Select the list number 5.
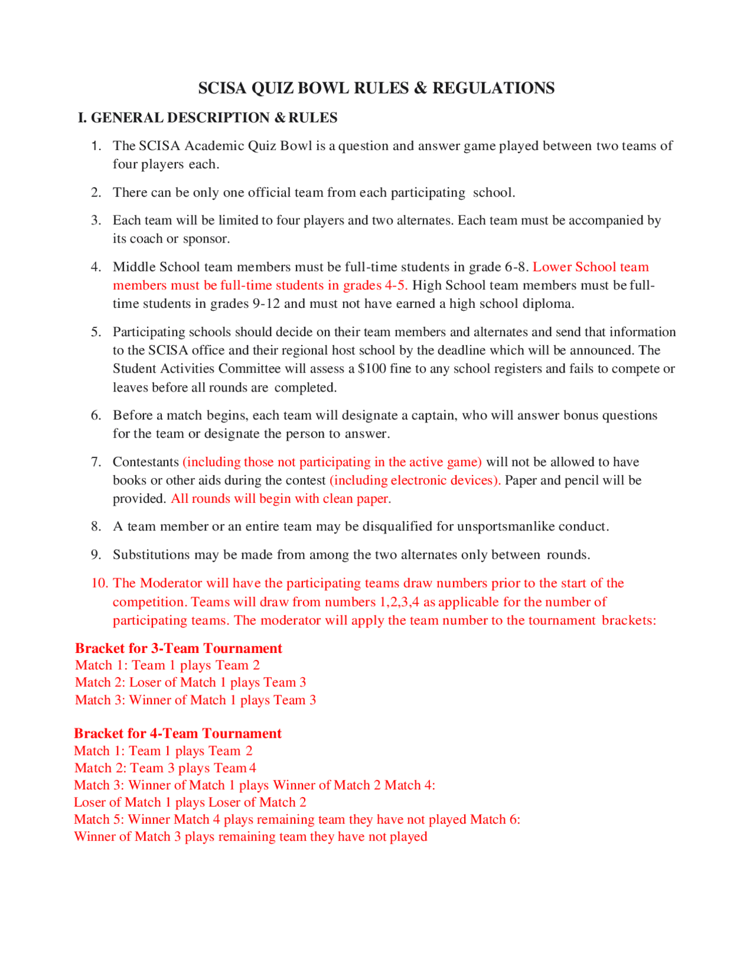(96, 332)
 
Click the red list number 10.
(99, 583)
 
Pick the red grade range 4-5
(395, 286)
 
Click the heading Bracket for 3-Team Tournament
(178, 648)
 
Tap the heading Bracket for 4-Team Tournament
(178, 733)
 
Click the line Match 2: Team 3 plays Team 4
(165, 768)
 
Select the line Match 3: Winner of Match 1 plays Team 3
(195, 700)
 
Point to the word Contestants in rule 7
(146, 462)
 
